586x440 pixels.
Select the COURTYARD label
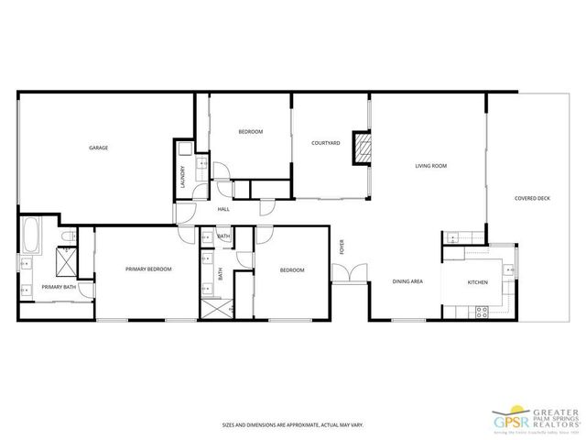pos(326,143)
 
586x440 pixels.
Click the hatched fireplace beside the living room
pos(364,150)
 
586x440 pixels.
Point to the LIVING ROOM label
pos(430,166)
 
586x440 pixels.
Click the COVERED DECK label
pos(532,197)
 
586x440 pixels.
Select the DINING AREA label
pos(407,281)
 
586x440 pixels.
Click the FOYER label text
pos(342,247)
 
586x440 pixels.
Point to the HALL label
pos(222,209)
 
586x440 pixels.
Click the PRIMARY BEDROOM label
pos(148,269)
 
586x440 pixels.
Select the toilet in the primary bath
pos(65,240)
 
